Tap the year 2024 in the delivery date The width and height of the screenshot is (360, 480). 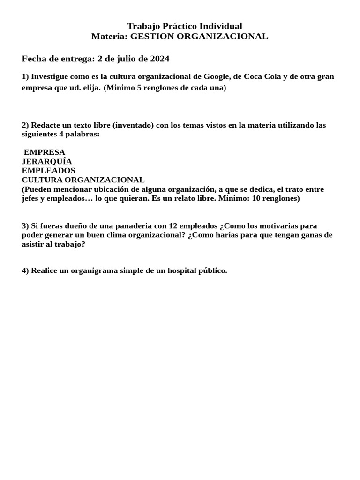(160, 59)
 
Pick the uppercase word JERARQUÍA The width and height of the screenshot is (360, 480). (47, 161)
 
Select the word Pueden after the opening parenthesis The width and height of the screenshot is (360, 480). (38, 189)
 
